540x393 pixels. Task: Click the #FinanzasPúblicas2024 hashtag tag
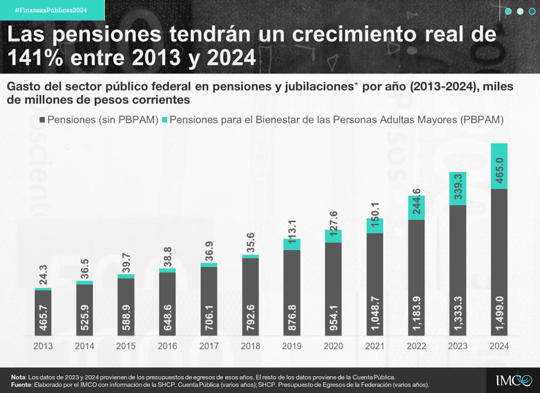point(51,10)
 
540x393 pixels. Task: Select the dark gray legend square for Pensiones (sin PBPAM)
point(42,120)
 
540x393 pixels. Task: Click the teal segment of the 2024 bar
point(499,166)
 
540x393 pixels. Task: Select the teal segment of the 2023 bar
point(458,188)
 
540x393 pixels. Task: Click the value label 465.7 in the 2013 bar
point(43,317)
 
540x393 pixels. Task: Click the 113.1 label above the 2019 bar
point(292,223)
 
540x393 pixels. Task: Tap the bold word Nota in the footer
point(19,377)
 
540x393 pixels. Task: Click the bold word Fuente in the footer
point(22,385)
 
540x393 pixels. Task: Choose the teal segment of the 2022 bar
point(417,208)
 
